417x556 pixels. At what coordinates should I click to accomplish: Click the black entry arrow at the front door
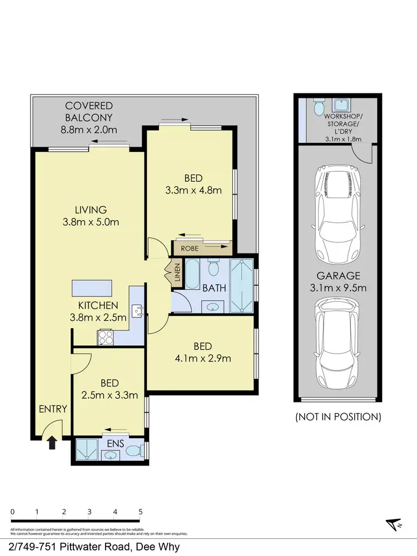52,443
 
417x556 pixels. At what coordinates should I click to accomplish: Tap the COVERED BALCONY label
89,111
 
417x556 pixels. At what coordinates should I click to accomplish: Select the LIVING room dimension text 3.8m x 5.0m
91,222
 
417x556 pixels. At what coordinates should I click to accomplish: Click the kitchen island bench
91,289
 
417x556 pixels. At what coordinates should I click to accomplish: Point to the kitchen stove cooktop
106,336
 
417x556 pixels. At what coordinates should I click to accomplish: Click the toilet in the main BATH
212,269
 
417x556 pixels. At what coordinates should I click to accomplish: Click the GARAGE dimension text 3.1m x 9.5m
338,288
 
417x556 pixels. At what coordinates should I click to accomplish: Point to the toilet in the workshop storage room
318,106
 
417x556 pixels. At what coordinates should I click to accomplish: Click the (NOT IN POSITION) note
338,416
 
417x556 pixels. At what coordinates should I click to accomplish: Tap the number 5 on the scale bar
141,512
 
